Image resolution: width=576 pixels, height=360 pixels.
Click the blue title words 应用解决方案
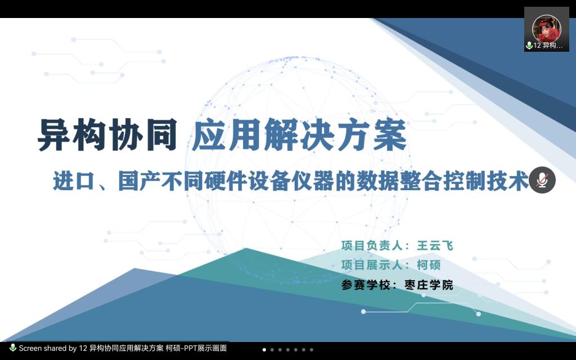(x=299, y=135)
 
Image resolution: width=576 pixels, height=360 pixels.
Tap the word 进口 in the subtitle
(x=71, y=181)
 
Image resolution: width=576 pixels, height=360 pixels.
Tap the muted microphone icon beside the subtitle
(x=542, y=180)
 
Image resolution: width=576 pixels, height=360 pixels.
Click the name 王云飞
(x=435, y=246)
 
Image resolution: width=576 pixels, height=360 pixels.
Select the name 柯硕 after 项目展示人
(x=429, y=265)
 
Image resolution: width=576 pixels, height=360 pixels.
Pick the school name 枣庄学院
(x=429, y=285)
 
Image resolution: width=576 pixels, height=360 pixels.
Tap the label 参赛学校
(x=365, y=285)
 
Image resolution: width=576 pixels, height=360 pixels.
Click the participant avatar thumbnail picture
(x=546, y=28)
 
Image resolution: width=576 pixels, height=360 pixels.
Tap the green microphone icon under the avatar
(x=529, y=46)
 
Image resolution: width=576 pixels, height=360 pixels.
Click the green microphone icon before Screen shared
(x=12, y=348)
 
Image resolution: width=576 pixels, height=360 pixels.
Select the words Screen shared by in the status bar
(x=48, y=348)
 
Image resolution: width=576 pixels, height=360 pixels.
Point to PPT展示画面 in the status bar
(x=209, y=348)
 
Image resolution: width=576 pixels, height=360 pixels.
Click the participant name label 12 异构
(x=548, y=46)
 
